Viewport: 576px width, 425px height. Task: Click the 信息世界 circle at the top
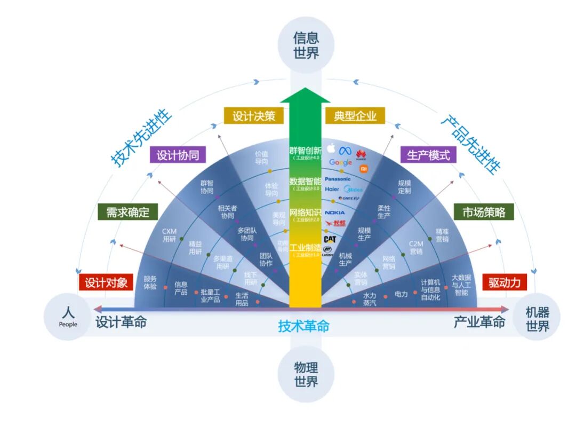pyautogui.click(x=306, y=45)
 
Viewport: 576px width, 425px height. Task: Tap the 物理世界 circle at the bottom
pyautogui.click(x=306, y=374)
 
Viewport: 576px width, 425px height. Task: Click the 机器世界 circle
pyautogui.click(x=537, y=319)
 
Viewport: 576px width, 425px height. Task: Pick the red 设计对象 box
pyautogui.click(x=106, y=282)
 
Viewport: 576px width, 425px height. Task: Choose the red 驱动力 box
pyautogui.click(x=504, y=282)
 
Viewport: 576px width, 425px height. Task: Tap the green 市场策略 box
pyautogui.click(x=483, y=212)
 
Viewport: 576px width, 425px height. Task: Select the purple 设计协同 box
pyautogui.click(x=178, y=155)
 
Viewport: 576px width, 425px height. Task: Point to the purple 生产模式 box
pyautogui.click(x=428, y=155)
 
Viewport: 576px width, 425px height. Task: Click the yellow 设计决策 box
pyautogui.click(x=253, y=115)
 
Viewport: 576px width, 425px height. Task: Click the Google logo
pyautogui.click(x=340, y=162)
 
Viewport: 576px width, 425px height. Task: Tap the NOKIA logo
pyautogui.click(x=335, y=212)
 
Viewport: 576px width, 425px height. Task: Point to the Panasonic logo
pyautogui.click(x=338, y=179)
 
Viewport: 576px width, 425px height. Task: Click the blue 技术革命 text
pyautogui.click(x=303, y=325)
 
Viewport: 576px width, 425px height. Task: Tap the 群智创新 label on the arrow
pyautogui.click(x=306, y=151)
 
